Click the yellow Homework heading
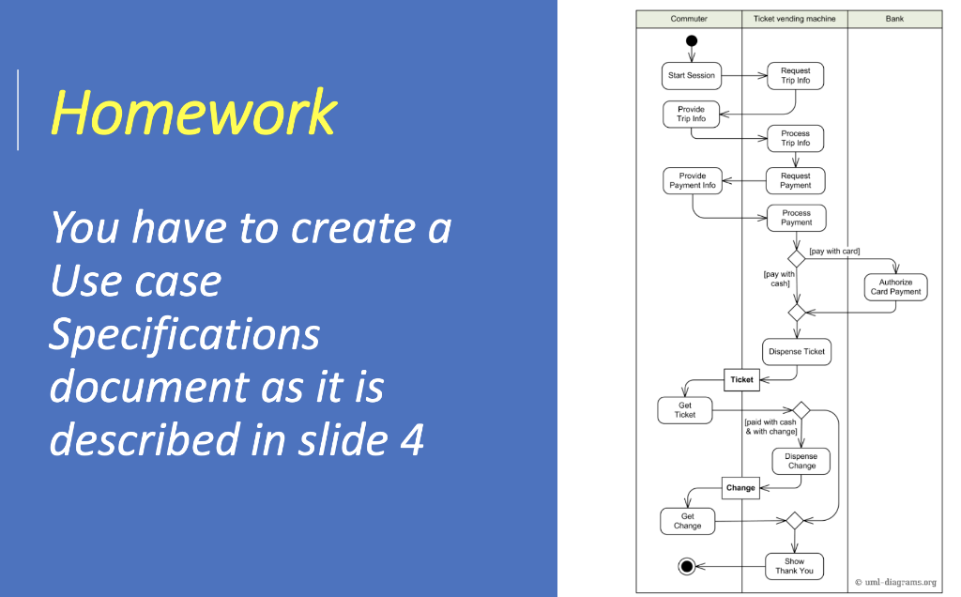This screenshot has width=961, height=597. click(x=193, y=113)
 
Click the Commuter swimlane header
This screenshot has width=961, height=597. click(x=689, y=19)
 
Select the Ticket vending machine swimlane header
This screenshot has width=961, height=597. click(x=795, y=19)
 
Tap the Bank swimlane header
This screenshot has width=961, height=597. click(x=894, y=19)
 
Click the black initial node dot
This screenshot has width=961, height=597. click(x=692, y=40)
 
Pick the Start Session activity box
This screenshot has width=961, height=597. click(x=692, y=75)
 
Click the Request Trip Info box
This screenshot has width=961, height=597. click(x=796, y=76)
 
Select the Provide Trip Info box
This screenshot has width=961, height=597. click(x=691, y=115)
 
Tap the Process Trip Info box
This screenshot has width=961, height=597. click(x=796, y=138)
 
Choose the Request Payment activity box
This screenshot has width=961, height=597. click(x=796, y=180)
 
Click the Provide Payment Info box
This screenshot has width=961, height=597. click(x=693, y=180)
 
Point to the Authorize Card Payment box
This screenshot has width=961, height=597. click(x=895, y=286)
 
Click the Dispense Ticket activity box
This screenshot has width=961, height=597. click(x=797, y=351)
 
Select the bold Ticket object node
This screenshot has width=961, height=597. click(x=741, y=380)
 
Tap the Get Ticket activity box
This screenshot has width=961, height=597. click(x=685, y=410)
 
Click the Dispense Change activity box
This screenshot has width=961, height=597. click(x=801, y=461)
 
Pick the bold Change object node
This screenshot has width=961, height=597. click(x=740, y=488)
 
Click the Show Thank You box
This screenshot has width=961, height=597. click(x=795, y=566)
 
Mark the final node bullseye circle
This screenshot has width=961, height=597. click(x=686, y=566)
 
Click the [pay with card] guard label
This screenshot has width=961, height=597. click(x=834, y=252)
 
